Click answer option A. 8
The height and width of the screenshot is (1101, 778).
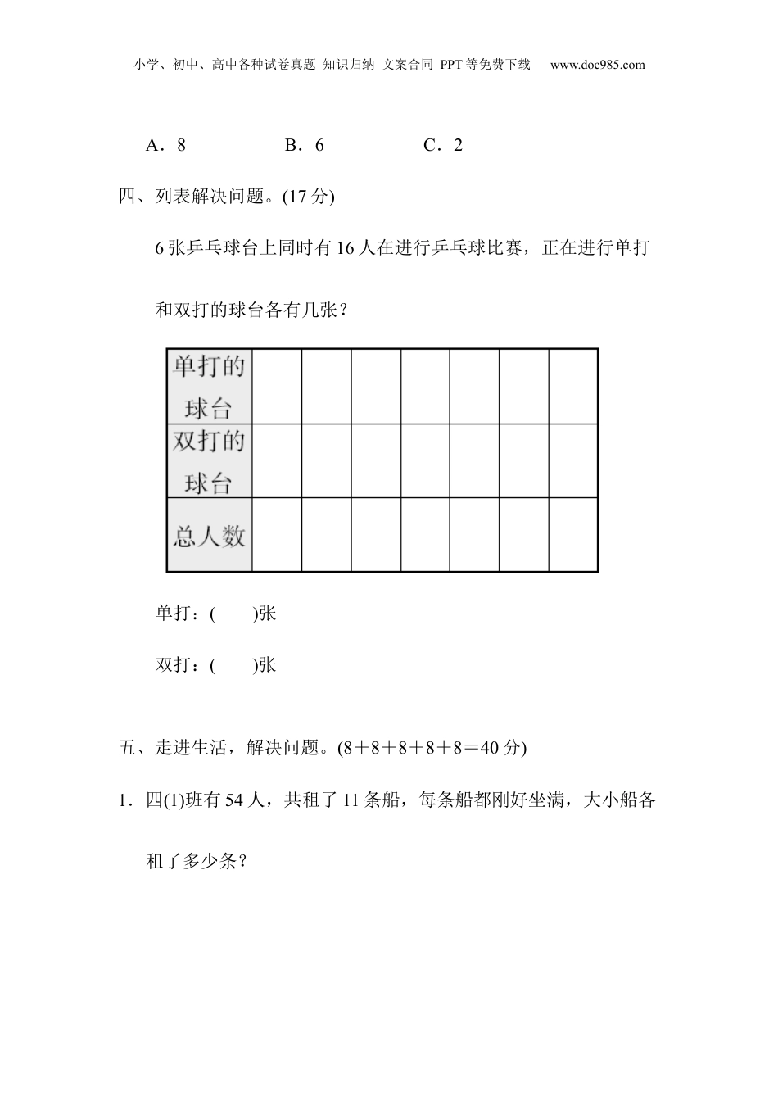pyautogui.click(x=165, y=146)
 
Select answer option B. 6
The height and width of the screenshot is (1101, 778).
pyautogui.click(x=304, y=146)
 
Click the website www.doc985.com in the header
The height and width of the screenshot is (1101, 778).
pyautogui.click(x=597, y=65)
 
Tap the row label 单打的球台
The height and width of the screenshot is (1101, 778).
pyautogui.click(x=209, y=387)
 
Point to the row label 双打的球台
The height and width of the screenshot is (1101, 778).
pyautogui.click(x=209, y=461)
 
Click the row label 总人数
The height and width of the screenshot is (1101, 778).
pyautogui.click(x=209, y=536)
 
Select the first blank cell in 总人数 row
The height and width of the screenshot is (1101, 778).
pyautogui.click(x=277, y=535)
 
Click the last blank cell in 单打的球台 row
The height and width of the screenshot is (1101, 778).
pyautogui.click(x=573, y=387)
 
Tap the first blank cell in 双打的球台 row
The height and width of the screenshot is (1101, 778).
pyautogui.click(x=277, y=461)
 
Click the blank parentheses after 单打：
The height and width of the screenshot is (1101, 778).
pyautogui.click(x=233, y=614)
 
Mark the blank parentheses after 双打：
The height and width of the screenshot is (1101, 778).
pyautogui.click(x=233, y=665)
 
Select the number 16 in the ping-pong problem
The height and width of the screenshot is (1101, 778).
pyautogui.click(x=346, y=248)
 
